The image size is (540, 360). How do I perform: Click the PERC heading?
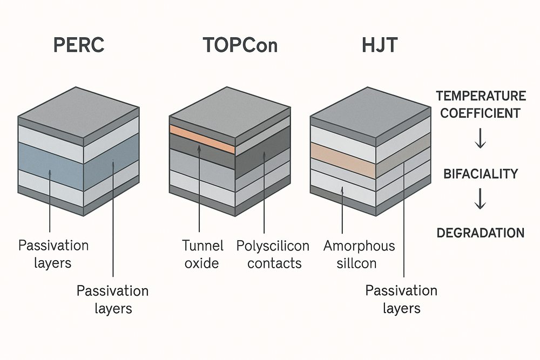(79, 45)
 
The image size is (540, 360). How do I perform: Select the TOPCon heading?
(240, 45)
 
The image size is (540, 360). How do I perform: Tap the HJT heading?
(380, 45)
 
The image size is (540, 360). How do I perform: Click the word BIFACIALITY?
(481, 174)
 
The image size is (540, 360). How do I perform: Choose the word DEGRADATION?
(481, 233)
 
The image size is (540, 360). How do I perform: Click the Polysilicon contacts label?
(273, 255)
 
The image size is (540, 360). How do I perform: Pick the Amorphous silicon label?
(359, 255)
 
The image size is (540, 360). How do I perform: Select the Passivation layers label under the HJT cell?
(401, 300)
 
